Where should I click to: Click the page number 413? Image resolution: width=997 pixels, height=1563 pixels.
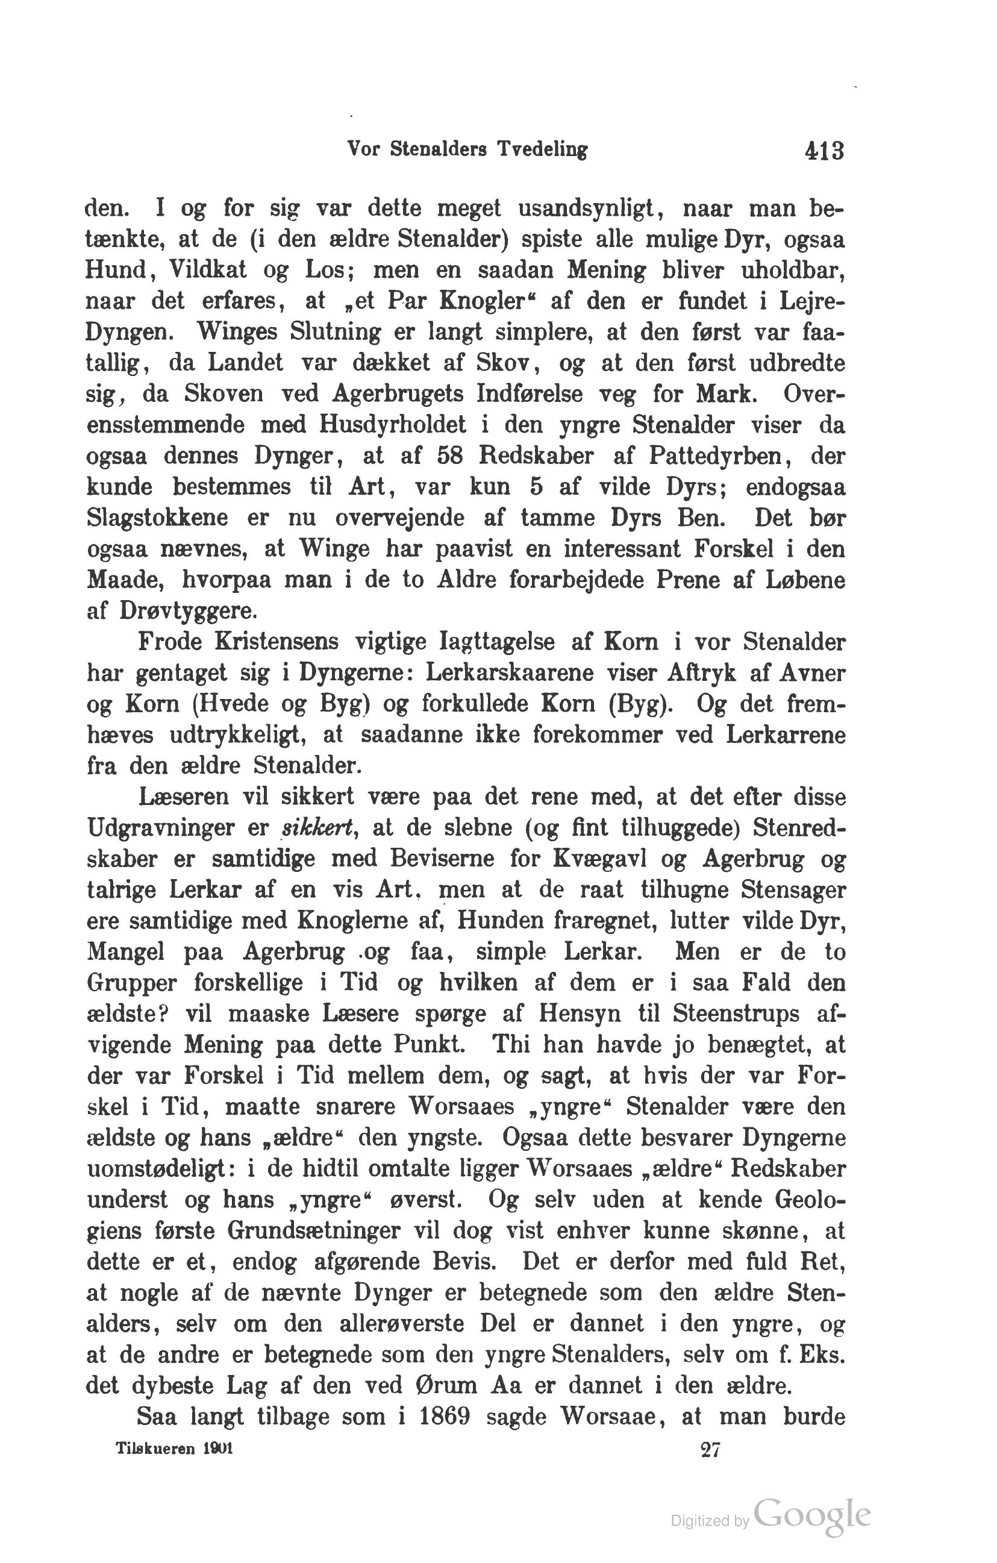(824, 151)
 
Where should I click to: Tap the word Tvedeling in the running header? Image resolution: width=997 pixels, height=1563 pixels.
(542, 150)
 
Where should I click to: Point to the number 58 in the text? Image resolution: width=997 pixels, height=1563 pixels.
(449, 456)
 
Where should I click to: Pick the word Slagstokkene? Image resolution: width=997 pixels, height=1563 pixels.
(157, 518)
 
